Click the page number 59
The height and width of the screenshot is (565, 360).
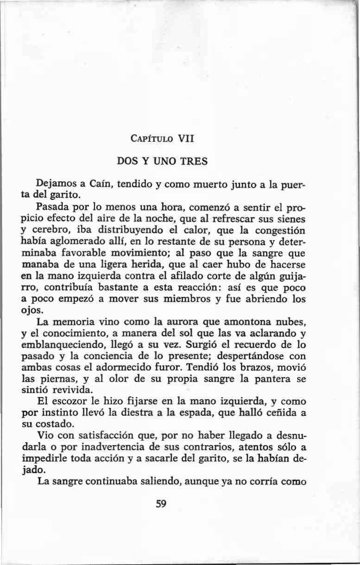(161, 504)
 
